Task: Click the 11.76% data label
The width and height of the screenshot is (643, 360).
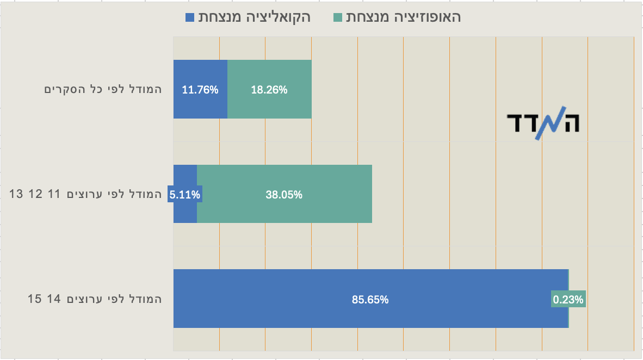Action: pyautogui.click(x=200, y=90)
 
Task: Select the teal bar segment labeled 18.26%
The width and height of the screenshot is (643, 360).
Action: pyautogui.click(x=269, y=90)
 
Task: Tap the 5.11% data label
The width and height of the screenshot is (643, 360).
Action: pyautogui.click(x=185, y=194)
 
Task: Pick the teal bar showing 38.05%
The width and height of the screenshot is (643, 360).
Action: pyautogui.click(x=284, y=194)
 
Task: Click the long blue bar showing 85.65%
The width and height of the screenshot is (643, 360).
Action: pyautogui.click(x=370, y=299)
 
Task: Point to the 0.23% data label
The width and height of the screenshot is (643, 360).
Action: pyautogui.click(x=568, y=299)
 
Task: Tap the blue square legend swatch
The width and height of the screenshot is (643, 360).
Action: pyautogui.click(x=190, y=17)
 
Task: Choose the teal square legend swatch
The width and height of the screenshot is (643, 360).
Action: pyautogui.click(x=337, y=17)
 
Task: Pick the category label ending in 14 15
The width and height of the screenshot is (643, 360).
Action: pyautogui.click(x=95, y=299)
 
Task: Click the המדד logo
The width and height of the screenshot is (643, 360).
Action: pyautogui.click(x=542, y=123)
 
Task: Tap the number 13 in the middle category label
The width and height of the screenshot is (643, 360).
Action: pyautogui.click(x=16, y=194)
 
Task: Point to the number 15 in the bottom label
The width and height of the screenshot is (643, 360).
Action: pyautogui.click(x=35, y=299)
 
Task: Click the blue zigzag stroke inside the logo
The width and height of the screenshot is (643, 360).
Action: pyautogui.click(x=542, y=124)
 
